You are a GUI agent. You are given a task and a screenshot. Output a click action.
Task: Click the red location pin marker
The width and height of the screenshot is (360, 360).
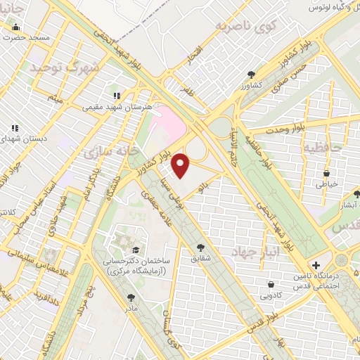tap(181, 165)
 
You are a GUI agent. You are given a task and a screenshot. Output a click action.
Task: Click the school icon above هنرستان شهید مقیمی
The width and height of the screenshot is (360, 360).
tap(117, 96)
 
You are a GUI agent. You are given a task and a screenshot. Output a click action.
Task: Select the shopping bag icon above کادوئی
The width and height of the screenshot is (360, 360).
tap(271, 284)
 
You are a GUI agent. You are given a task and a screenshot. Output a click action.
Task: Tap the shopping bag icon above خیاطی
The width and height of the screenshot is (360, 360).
tap(326, 173)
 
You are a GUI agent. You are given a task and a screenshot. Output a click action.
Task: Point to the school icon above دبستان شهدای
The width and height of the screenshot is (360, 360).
tap(14, 129)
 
